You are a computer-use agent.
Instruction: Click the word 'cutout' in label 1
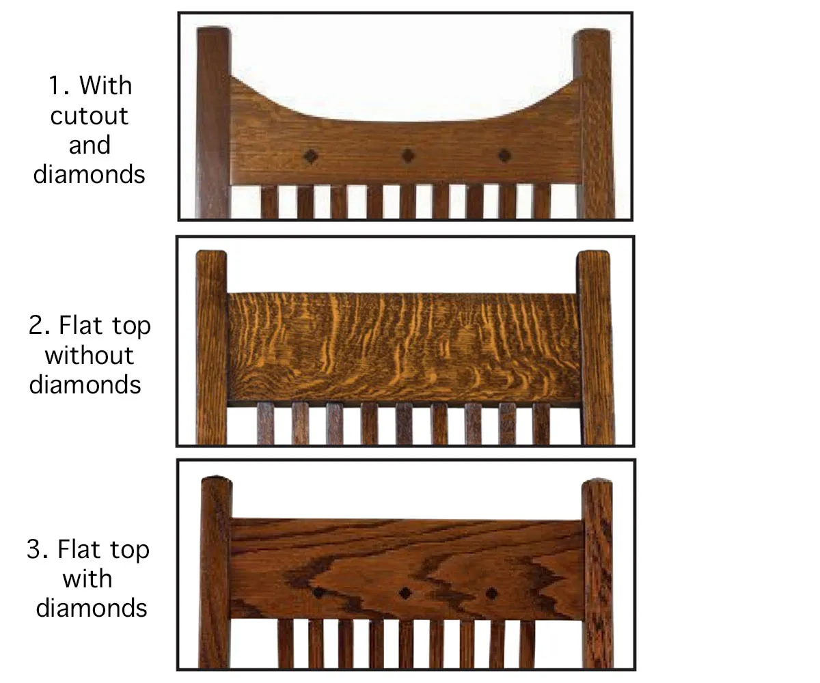pos(89,116)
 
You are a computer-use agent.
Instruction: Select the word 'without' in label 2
pos(89,355)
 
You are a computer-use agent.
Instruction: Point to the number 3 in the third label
pos(37,549)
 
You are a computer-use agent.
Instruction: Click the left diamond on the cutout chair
pos(311,156)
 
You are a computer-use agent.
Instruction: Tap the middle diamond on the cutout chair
pos(408,156)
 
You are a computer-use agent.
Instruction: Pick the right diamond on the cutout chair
pos(504,156)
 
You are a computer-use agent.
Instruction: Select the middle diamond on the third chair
pos(405,593)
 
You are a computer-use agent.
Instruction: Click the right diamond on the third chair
pos(491,594)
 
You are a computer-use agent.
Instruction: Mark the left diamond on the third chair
pos(319,592)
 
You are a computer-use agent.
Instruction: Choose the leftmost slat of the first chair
pos(269,201)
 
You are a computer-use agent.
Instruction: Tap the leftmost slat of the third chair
pos(286,644)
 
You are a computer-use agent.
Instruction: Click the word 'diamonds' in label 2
pos(85,385)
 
